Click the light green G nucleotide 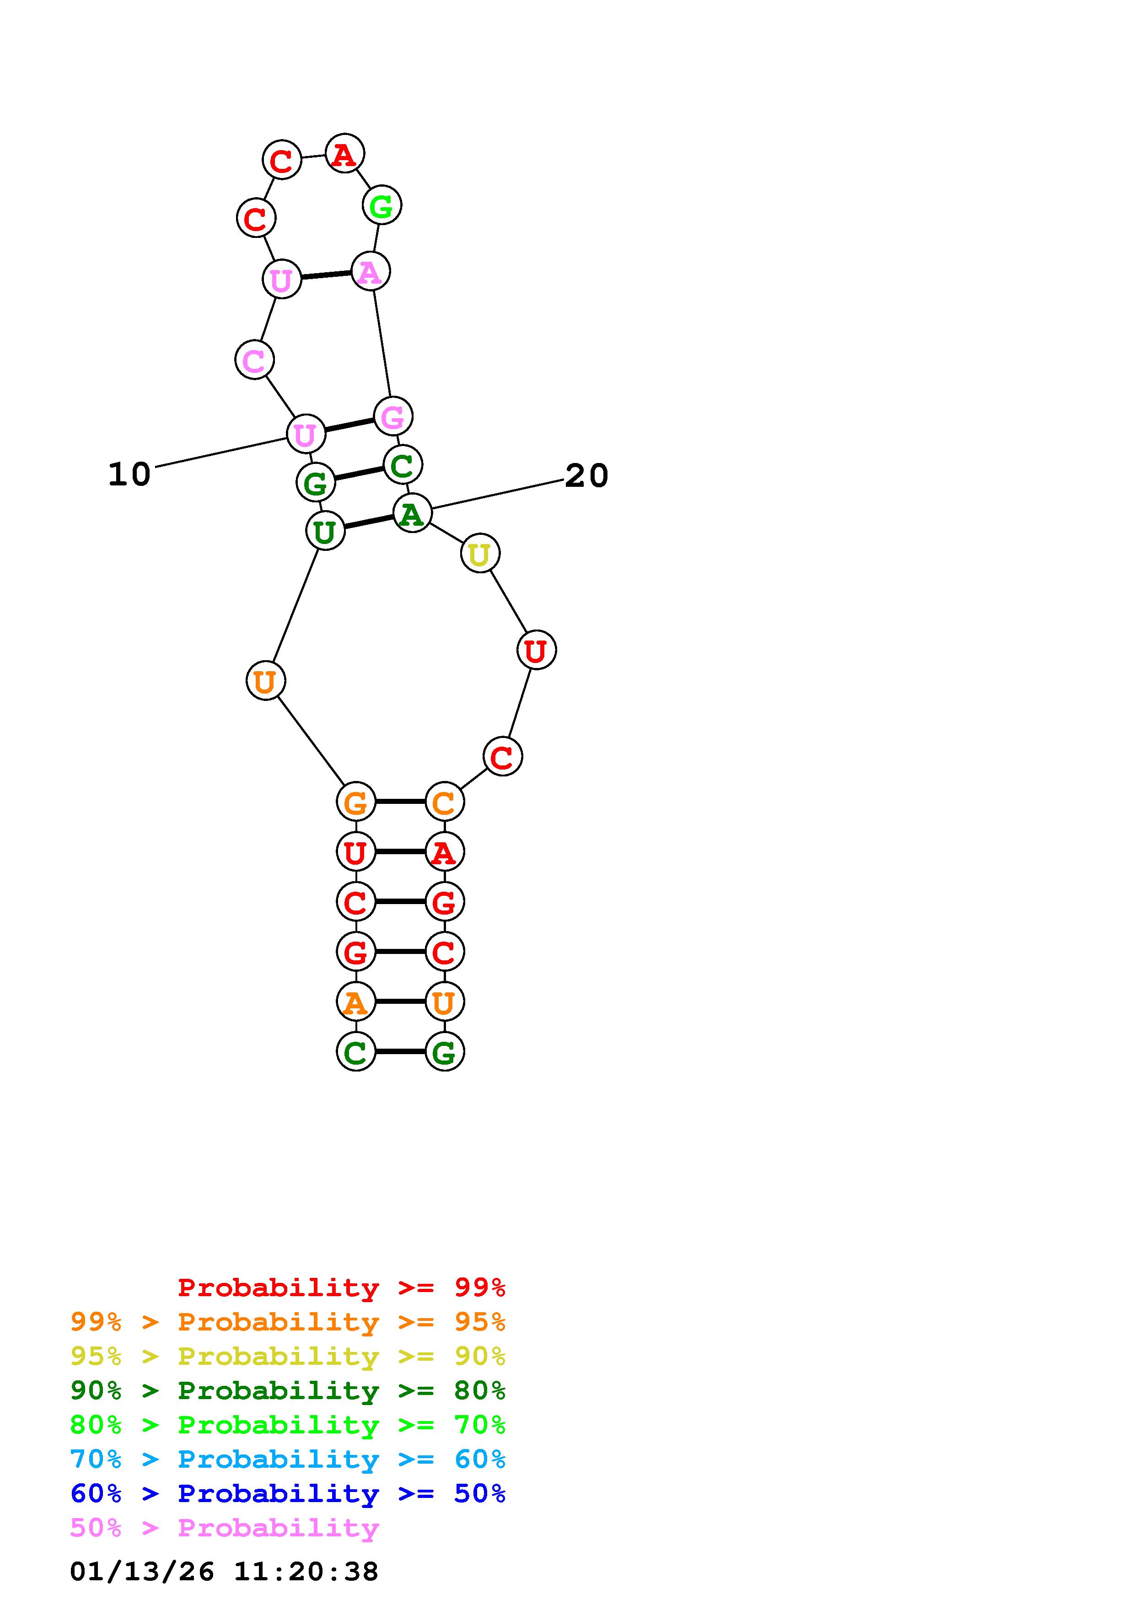point(382,205)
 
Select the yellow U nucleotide point(480,554)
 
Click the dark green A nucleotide point(412,513)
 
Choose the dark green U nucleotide point(325,531)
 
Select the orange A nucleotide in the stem point(355,1002)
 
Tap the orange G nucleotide point(355,802)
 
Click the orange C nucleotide point(444,802)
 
